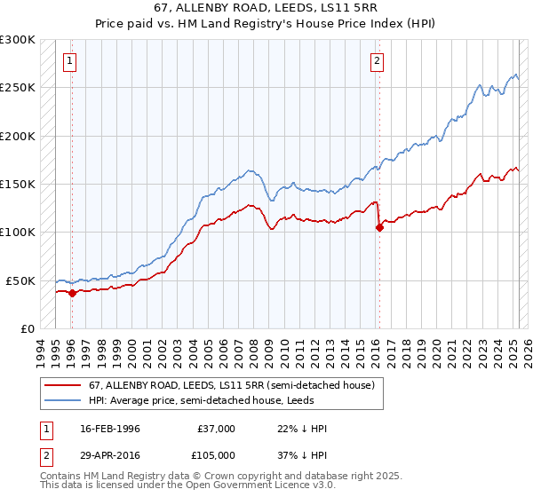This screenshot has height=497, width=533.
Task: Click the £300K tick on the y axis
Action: [18, 40]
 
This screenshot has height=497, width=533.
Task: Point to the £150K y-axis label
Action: [18, 185]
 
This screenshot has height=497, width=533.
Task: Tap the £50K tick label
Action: [20, 280]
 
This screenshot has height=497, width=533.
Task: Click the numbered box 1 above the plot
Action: [69, 61]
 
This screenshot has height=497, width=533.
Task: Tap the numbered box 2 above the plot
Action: [378, 61]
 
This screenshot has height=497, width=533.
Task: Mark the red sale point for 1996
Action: [72, 293]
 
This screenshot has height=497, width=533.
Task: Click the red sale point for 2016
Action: [379, 227]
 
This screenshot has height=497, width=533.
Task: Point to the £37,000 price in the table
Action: [216, 429]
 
